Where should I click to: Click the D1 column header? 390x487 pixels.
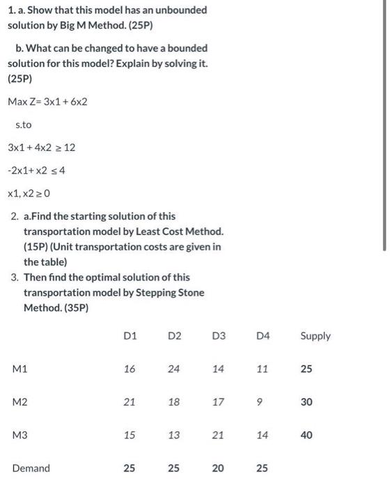coord(130,336)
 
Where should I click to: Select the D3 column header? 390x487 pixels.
coord(218,336)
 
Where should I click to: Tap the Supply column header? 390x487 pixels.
coord(315,336)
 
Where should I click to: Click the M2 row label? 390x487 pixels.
coord(19,402)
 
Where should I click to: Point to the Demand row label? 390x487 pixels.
coord(31,468)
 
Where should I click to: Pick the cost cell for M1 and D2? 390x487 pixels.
coord(174,369)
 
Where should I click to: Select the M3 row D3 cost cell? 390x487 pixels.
coord(218,435)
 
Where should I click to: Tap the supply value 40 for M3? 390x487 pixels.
coord(306,435)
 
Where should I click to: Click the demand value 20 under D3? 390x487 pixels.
coord(218,468)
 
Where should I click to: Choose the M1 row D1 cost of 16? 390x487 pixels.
coord(130,369)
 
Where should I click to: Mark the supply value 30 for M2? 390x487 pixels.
coord(306,402)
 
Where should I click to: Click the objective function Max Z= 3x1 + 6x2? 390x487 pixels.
coord(47,102)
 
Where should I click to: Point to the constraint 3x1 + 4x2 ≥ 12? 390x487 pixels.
coord(41,147)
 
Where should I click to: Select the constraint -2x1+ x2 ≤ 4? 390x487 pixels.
coord(36,170)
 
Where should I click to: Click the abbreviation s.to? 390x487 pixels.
coord(23,125)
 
